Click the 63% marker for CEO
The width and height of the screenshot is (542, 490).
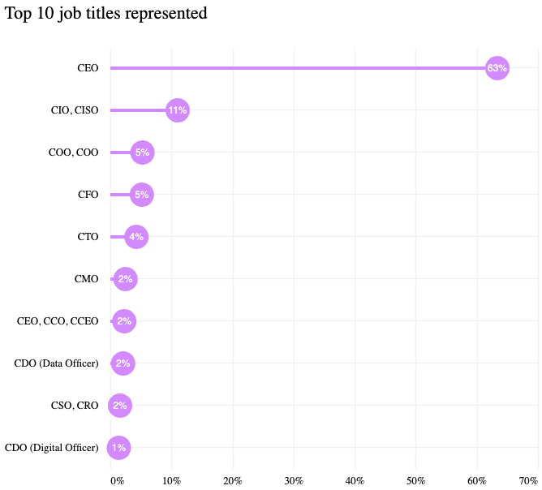pos(497,68)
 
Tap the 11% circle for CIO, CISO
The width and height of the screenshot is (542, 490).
pos(177,110)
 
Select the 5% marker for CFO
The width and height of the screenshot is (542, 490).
pos(141,195)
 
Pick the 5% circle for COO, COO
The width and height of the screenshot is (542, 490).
pos(142,153)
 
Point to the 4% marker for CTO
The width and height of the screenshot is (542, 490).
pos(135,237)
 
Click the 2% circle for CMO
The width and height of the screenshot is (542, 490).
pos(125,279)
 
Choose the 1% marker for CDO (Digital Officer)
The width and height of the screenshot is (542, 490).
pos(118,448)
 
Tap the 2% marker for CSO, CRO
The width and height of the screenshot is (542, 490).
pos(119,406)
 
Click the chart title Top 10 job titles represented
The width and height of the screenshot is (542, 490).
pos(105,14)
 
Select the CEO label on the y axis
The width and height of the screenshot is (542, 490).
pos(88,68)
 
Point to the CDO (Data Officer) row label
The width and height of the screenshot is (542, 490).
pos(56,363)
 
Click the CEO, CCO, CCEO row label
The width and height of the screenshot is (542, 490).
pos(58,321)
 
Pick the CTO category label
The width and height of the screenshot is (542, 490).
pos(88,237)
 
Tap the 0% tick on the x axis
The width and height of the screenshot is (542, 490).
pos(118,480)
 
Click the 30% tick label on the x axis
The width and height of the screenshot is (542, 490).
pos(294,480)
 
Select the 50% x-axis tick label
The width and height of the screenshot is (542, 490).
pos(415,480)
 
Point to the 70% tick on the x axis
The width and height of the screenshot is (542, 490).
pos(528,480)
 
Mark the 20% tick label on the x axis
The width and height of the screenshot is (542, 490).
pos(233,480)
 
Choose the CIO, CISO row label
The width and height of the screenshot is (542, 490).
pos(75,110)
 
